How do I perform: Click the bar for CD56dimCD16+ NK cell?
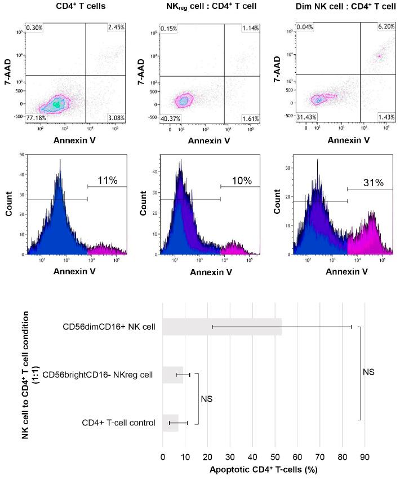(x=222, y=327)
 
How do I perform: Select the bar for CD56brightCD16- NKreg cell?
(x=173, y=375)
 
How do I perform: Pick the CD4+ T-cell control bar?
(x=170, y=423)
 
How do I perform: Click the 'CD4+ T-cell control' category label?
(x=118, y=423)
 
